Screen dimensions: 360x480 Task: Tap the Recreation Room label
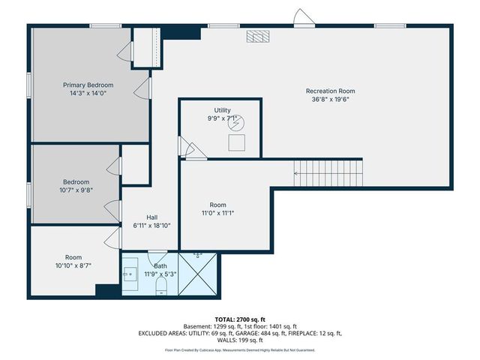click(331, 91)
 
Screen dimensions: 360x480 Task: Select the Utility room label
click(222, 110)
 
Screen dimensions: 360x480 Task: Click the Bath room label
click(160, 265)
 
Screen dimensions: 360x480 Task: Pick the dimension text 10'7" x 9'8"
click(76, 190)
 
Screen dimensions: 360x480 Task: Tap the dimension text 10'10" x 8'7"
click(73, 265)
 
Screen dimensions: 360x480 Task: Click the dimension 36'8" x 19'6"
click(331, 99)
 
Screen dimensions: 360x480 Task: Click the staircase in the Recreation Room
click(327, 174)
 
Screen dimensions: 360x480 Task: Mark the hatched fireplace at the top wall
click(258, 36)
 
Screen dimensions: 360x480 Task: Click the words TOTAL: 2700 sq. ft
click(240, 319)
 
